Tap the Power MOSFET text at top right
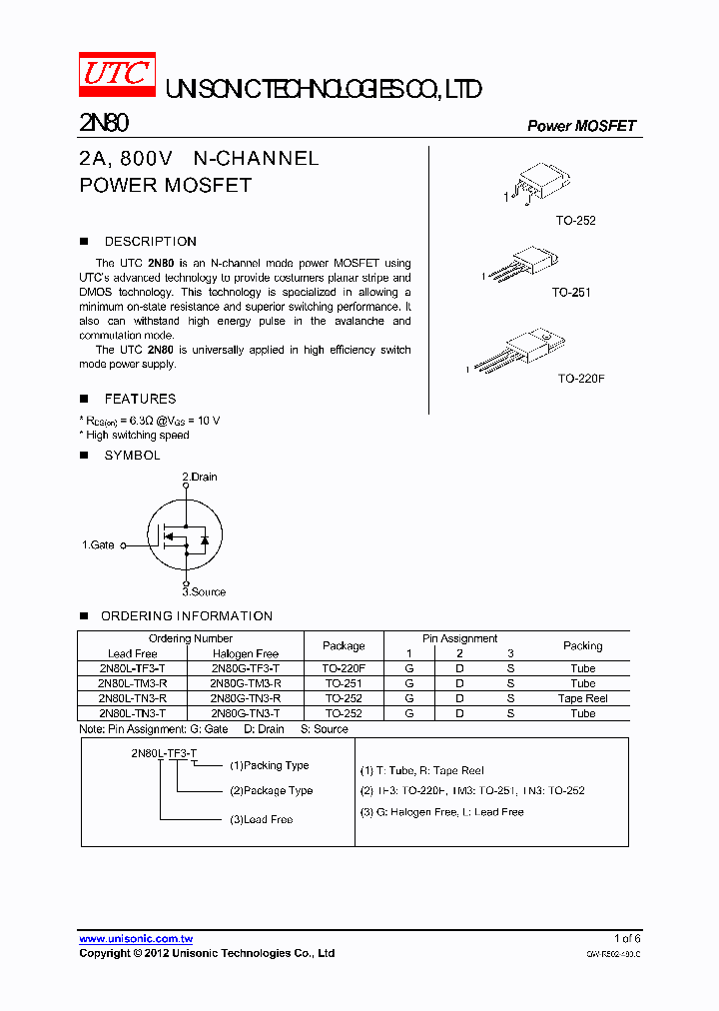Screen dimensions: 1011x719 pyautogui.click(x=581, y=126)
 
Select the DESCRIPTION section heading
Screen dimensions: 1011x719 pyautogui.click(x=150, y=242)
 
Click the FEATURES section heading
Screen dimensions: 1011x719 pyautogui.click(x=140, y=399)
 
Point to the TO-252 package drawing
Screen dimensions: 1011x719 pyautogui.click(x=539, y=186)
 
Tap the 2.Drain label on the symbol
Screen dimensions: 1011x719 pyautogui.click(x=200, y=477)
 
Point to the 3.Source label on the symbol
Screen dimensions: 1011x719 pyautogui.click(x=204, y=591)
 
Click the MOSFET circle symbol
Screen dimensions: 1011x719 pyautogui.click(x=185, y=534)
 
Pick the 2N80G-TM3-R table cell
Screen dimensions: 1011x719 pyautogui.click(x=246, y=683)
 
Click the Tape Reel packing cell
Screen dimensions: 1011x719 pyautogui.click(x=582, y=698)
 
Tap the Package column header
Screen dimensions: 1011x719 pyautogui.click(x=344, y=646)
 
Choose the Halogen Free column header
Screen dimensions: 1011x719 pyautogui.click(x=246, y=653)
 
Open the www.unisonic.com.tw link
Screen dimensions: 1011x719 pyautogui.click(x=136, y=939)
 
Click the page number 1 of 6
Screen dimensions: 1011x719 pyautogui.click(x=627, y=939)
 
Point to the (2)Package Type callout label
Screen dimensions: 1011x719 pyautogui.click(x=271, y=790)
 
